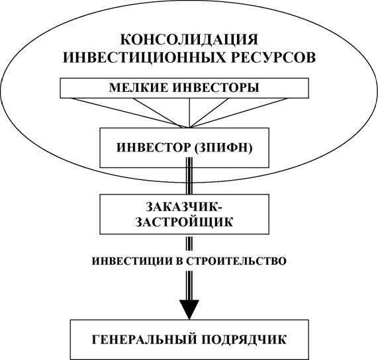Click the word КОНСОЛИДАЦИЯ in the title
[x=189, y=40]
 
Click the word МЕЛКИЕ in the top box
[x=138, y=88]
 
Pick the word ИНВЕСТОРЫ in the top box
[x=216, y=88]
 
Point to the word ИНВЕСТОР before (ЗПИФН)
[x=154, y=148]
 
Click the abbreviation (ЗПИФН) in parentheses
[x=223, y=148]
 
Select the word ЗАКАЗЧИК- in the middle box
[x=185, y=207]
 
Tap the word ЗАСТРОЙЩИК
[x=184, y=222]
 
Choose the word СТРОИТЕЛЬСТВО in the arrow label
[x=236, y=261]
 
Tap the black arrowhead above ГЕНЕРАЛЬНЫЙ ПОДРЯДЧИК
[x=189, y=309]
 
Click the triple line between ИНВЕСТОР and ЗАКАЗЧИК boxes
[x=189, y=176]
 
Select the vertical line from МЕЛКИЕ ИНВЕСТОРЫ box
[x=189, y=112]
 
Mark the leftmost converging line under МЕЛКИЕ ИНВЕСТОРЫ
[x=130, y=112]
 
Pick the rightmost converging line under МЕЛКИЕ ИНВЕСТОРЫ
[x=239, y=112]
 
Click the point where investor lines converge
[x=190, y=127]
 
